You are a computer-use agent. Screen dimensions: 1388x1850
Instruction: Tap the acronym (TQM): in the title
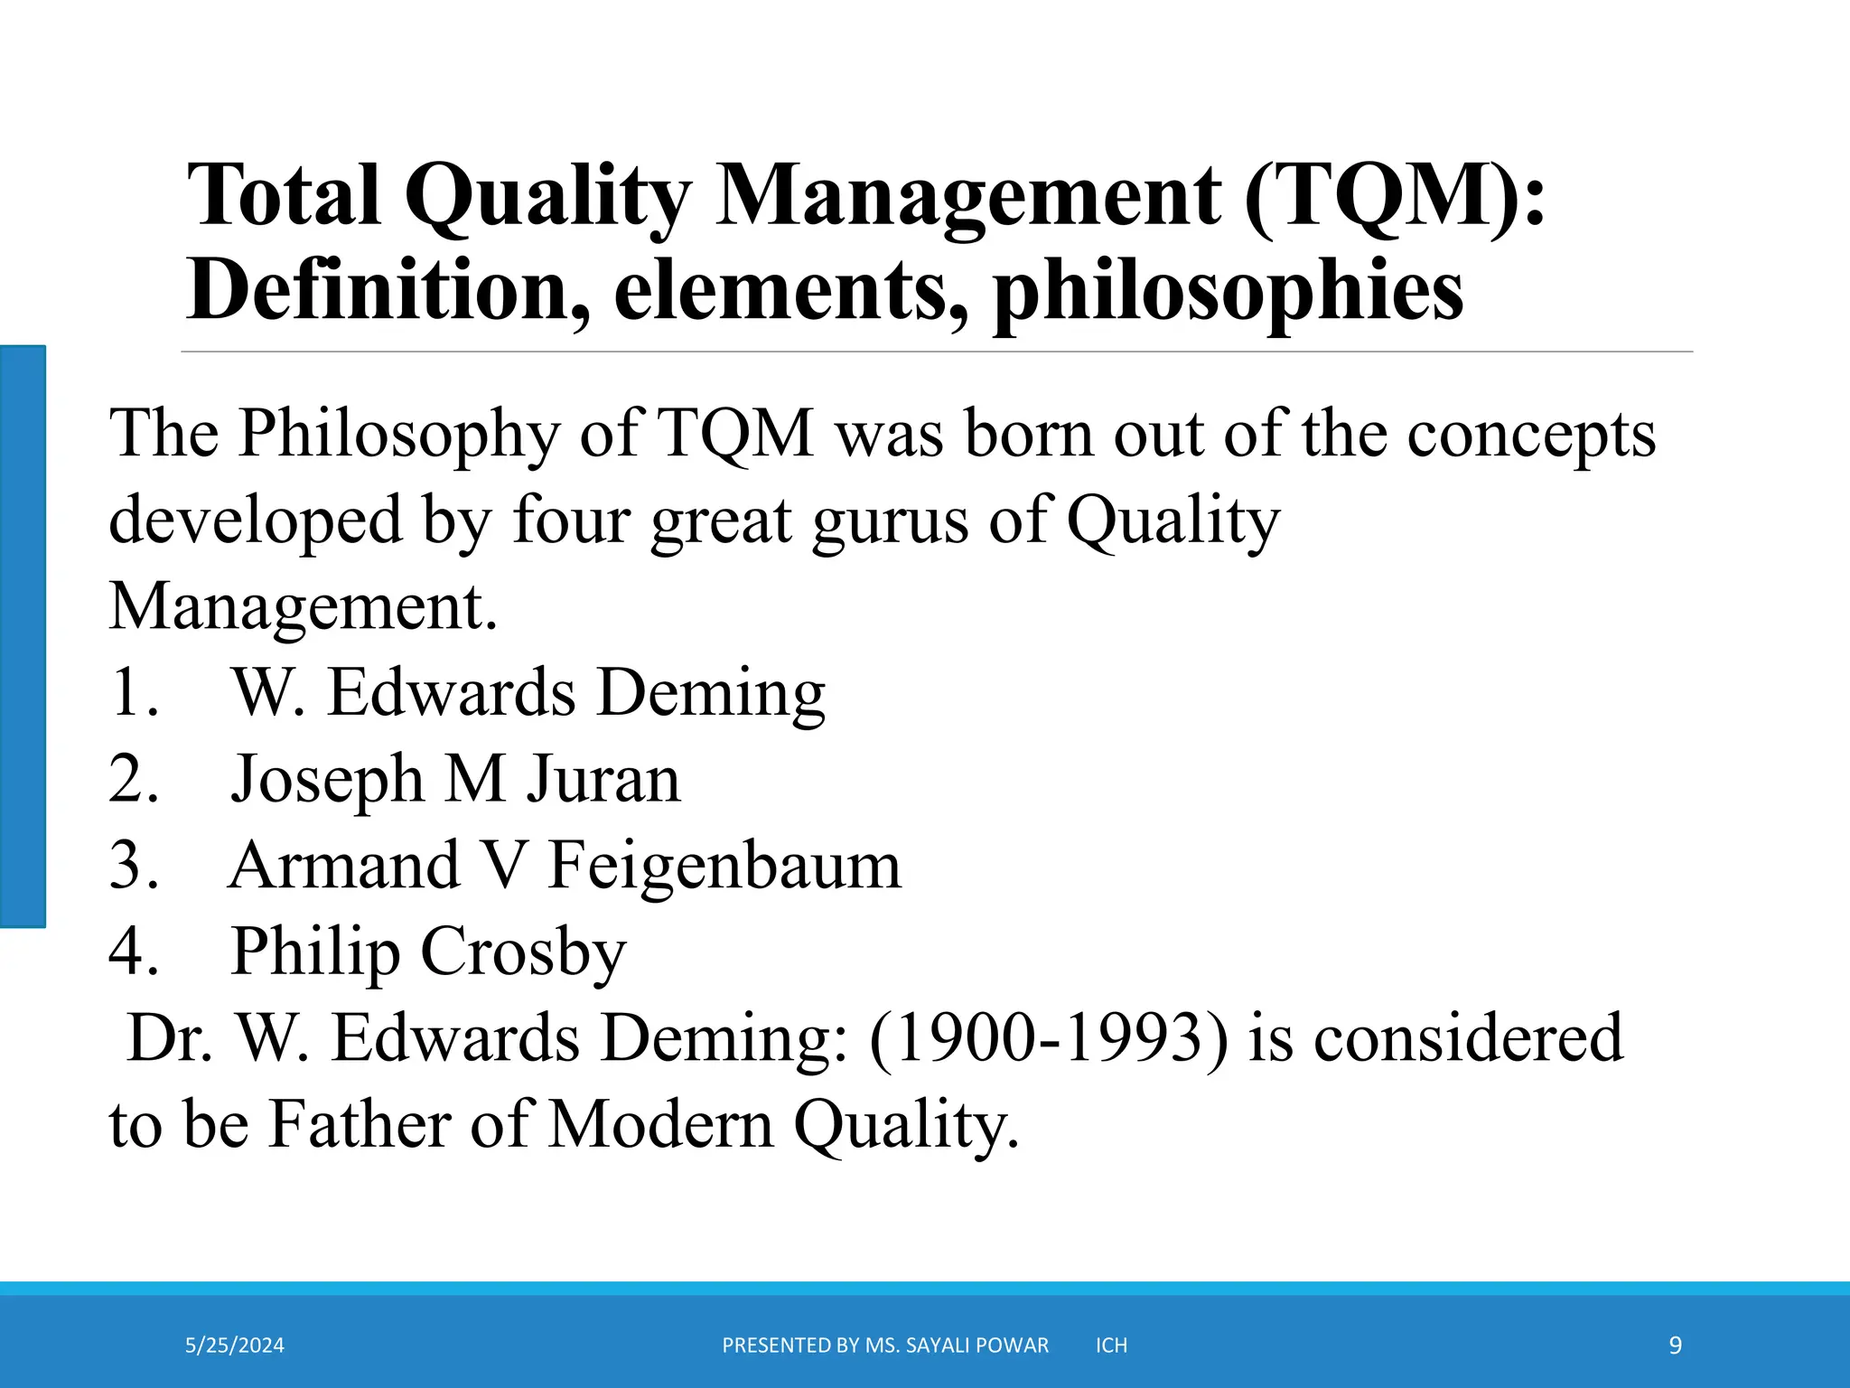pos(1395,196)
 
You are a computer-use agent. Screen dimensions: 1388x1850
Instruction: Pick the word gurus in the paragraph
pos(890,521)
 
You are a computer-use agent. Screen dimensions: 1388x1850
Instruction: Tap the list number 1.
pos(134,693)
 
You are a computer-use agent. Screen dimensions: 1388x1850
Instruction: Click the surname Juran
pos(603,779)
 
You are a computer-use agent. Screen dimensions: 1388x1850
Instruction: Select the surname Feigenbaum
pos(724,866)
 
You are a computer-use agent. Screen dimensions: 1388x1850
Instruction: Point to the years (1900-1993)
pos(1049,1038)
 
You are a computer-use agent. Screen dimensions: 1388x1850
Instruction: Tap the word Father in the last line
pos(359,1125)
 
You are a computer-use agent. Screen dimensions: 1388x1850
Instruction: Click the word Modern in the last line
pos(661,1125)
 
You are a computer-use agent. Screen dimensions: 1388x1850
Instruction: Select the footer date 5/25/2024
pos(235,1346)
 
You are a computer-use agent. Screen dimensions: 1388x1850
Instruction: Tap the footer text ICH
pos(1111,1346)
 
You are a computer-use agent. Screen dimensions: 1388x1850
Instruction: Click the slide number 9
pos(1675,1346)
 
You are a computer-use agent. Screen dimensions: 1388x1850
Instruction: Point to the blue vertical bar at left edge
pos(23,636)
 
